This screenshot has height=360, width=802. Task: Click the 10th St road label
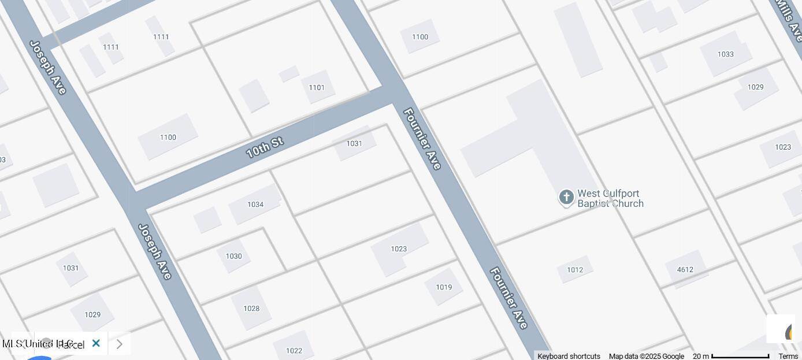coord(264,147)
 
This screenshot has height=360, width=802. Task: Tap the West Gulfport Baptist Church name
coord(610,199)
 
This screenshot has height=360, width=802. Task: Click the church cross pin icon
coord(566,198)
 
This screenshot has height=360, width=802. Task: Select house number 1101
coord(317,88)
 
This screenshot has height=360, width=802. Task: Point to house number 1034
coord(255,205)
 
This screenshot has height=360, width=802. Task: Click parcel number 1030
coord(233,257)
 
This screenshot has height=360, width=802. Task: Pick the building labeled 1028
coord(251,309)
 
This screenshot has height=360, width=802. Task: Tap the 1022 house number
coord(294,351)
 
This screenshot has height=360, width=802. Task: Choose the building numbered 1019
coord(444,287)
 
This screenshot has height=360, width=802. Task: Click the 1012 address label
coord(575,270)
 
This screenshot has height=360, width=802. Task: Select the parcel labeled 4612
coord(685,270)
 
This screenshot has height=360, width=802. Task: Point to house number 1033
coord(726,54)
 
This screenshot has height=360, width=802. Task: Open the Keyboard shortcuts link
coord(569,356)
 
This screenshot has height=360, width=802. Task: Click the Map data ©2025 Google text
coord(646,356)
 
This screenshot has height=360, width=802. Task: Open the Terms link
coord(788,356)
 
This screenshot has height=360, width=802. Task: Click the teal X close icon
coord(96,343)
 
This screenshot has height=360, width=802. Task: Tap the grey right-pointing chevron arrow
coord(119,344)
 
